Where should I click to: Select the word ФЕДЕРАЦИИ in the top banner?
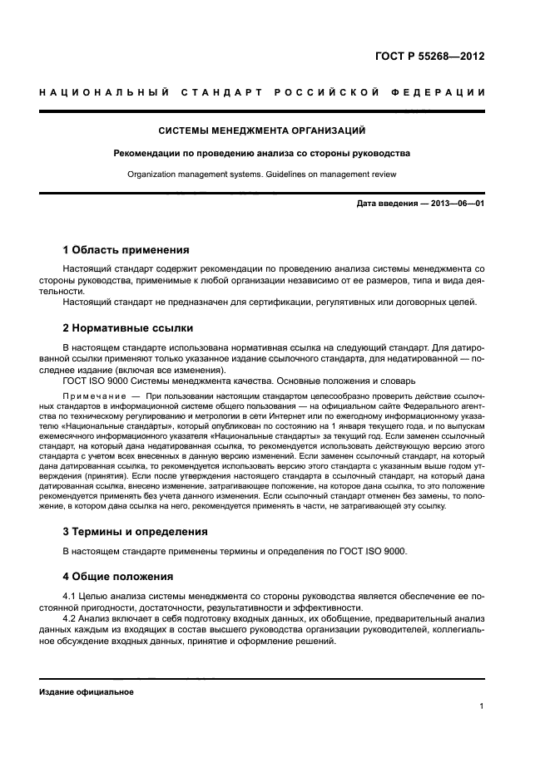[x=444, y=92]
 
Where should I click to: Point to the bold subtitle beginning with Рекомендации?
[x=262, y=153]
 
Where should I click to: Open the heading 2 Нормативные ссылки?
[x=127, y=327]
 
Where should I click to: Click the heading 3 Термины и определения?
[x=136, y=530]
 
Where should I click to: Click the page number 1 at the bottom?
[x=482, y=707]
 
